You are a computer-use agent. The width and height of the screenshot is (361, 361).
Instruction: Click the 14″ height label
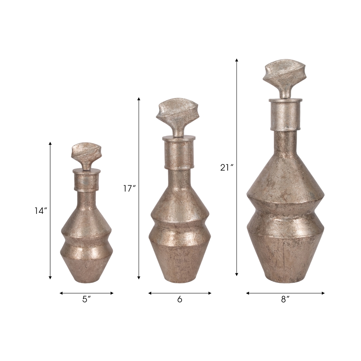[x=40, y=211]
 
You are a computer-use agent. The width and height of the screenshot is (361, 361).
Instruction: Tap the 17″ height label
[x=130, y=188]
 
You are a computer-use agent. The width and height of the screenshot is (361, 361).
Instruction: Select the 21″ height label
[x=227, y=167]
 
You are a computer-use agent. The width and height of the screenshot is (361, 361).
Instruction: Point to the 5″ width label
[x=86, y=299]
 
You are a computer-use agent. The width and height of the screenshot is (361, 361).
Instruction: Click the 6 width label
[x=179, y=299]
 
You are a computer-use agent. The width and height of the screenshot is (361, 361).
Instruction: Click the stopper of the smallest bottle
[x=86, y=155]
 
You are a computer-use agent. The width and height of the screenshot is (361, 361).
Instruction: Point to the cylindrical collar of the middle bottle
[x=179, y=153]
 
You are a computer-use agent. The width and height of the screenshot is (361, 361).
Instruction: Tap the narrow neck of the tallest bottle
[x=285, y=144]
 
